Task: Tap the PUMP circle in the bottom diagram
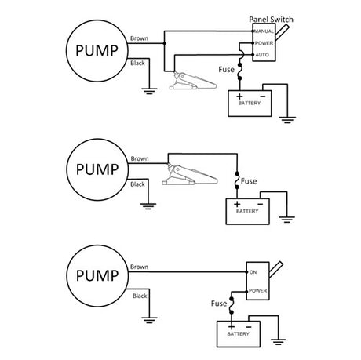(x=97, y=276)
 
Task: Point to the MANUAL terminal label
(x=263, y=30)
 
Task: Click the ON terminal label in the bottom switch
(x=253, y=272)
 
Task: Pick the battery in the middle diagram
(x=247, y=208)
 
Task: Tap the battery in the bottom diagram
(x=239, y=333)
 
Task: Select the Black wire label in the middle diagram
(x=137, y=184)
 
